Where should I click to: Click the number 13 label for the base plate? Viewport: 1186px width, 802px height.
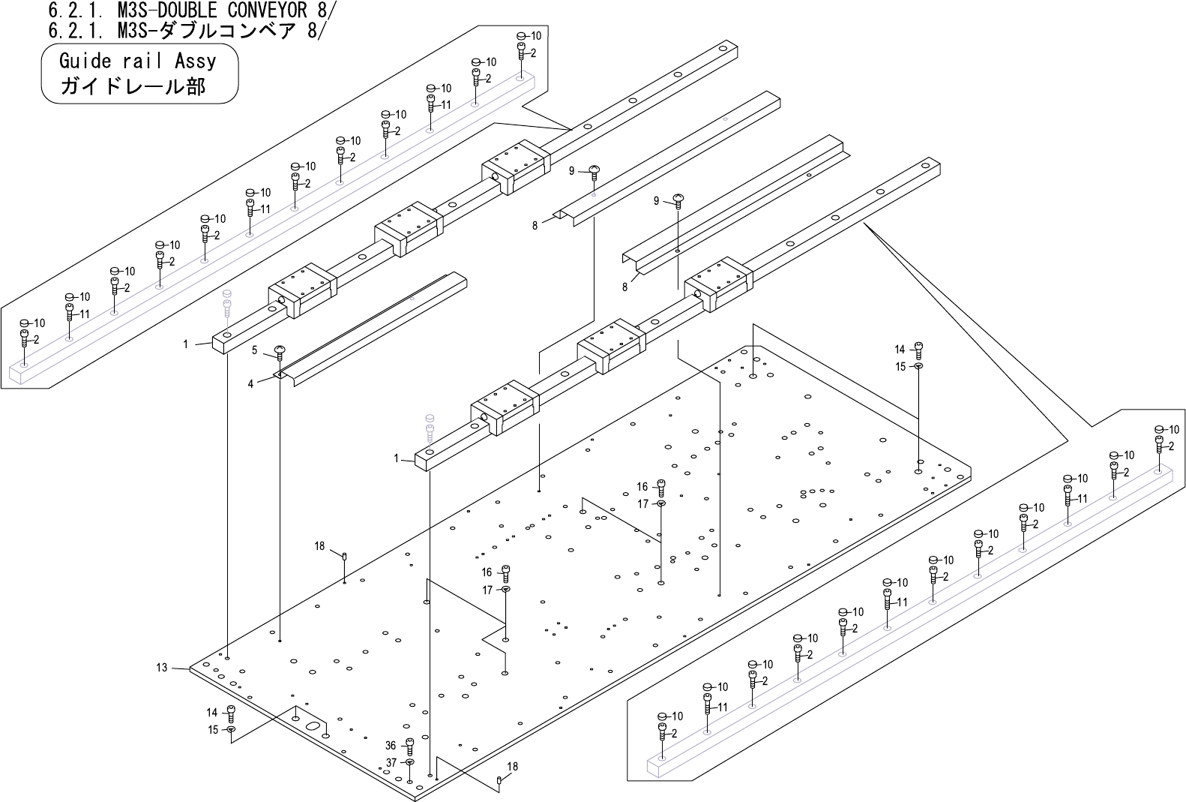click(161, 667)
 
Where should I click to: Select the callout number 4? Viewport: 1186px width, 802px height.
click(251, 383)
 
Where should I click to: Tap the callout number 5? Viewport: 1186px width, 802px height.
click(255, 350)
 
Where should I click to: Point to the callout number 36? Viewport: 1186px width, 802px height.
click(391, 746)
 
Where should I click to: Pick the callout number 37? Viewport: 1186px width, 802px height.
click(391, 762)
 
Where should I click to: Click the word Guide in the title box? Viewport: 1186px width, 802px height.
click(85, 61)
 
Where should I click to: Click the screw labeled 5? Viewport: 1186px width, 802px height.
click(280, 352)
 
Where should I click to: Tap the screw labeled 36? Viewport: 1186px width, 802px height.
click(409, 746)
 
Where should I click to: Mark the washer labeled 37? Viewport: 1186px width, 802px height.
click(409, 762)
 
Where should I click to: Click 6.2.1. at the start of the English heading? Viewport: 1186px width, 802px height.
click(68, 11)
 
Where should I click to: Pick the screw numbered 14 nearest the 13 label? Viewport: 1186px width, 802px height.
click(231, 713)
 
